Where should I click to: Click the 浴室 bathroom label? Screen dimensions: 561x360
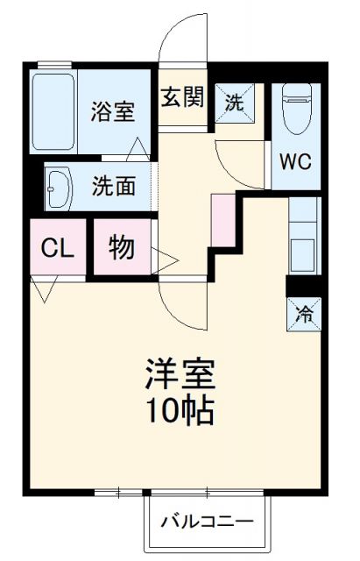pyautogui.click(x=115, y=112)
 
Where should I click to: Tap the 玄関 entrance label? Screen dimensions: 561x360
pyautogui.click(x=182, y=96)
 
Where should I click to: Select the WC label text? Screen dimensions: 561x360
pyautogui.click(x=294, y=162)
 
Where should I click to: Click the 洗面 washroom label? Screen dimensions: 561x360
pyautogui.click(x=115, y=187)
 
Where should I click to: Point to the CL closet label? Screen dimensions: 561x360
pyautogui.click(x=58, y=248)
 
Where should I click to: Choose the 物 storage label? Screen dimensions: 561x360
pyautogui.click(x=122, y=248)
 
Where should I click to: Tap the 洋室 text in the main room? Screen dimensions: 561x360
pyautogui.click(x=180, y=376)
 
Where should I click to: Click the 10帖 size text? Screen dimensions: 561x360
pyautogui.click(x=180, y=409)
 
